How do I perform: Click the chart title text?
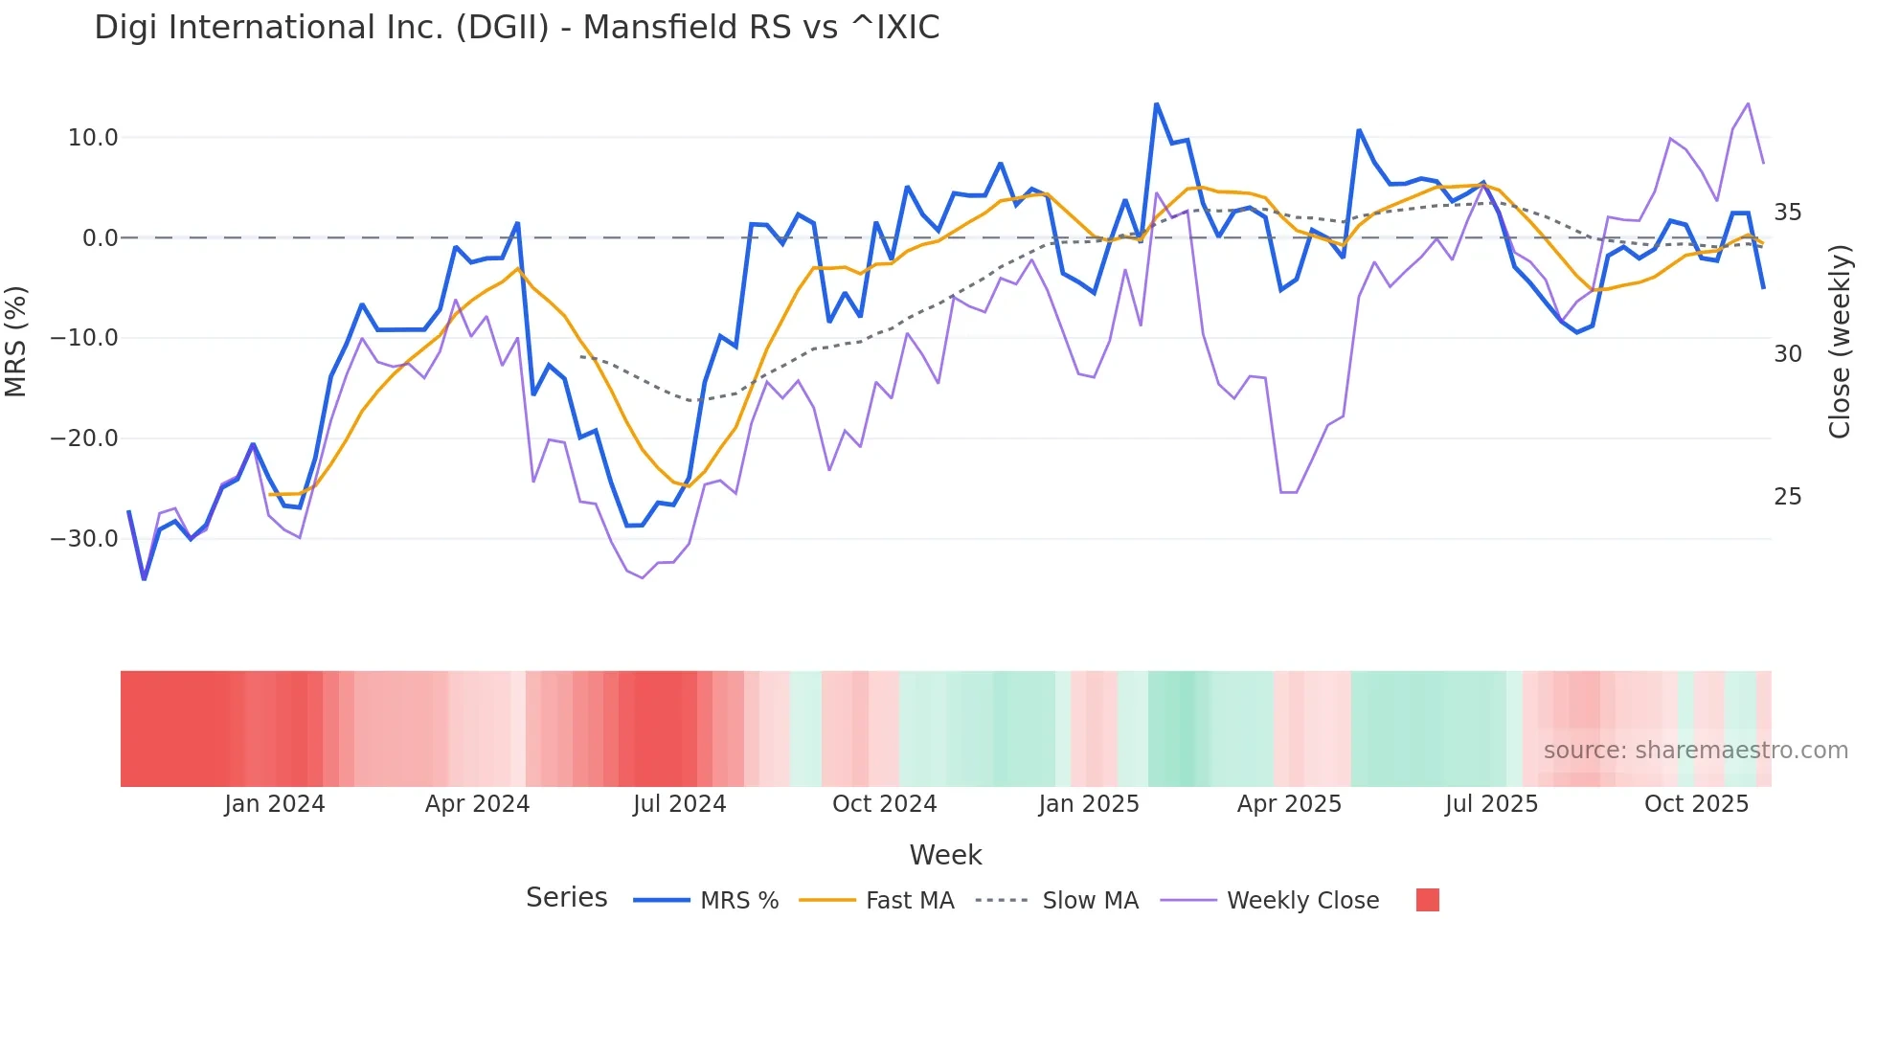[x=516, y=28]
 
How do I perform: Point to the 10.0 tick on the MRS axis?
[x=93, y=138]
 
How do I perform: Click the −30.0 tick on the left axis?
[x=84, y=539]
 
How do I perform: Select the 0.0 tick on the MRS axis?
[x=100, y=238]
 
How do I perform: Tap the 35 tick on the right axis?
[x=1787, y=213]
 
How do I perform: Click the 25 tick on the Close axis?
[x=1787, y=497]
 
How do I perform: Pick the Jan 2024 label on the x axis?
[x=275, y=804]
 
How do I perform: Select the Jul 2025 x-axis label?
[x=1491, y=804]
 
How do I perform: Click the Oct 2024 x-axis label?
[x=884, y=804]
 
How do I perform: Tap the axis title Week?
[x=945, y=855]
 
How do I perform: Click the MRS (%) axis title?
[x=16, y=342]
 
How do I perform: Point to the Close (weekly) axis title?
[x=1839, y=342]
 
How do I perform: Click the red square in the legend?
[x=1427, y=900]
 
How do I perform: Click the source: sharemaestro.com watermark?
[x=1695, y=751]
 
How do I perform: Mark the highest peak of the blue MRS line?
[x=1156, y=103]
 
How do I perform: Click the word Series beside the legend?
[x=566, y=898]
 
